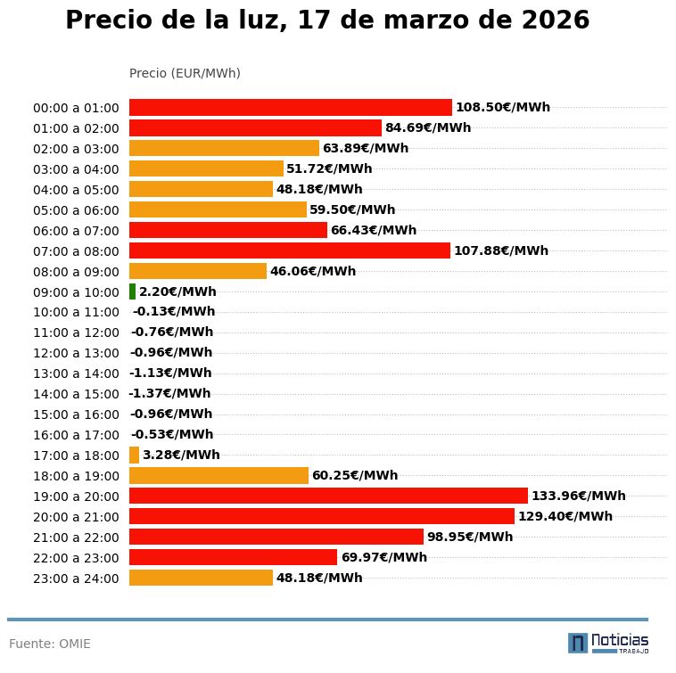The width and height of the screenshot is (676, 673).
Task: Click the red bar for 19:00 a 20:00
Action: click(x=328, y=496)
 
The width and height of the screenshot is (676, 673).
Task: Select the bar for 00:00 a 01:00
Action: click(x=290, y=107)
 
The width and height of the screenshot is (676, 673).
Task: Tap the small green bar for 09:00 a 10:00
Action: click(x=132, y=291)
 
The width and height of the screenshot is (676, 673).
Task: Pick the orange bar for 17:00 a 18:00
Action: click(x=134, y=455)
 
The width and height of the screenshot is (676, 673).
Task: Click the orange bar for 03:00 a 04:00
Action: click(x=206, y=168)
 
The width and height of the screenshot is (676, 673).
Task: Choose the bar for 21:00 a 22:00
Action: click(x=276, y=537)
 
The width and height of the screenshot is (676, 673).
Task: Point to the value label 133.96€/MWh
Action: click(x=578, y=496)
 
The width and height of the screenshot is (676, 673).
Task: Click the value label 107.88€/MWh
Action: click(x=500, y=250)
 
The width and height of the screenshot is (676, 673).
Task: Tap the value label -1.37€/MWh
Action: click(x=169, y=393)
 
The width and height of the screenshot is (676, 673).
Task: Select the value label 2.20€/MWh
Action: click(x=177, y=291)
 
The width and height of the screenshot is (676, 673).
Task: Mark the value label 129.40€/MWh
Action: click(x=565, y=516)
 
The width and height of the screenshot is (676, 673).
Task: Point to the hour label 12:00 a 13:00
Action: click(x=76, y=353)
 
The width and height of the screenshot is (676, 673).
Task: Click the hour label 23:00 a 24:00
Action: click(x=76, y=579)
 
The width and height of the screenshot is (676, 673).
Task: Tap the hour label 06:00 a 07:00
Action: click(x=76, y=231)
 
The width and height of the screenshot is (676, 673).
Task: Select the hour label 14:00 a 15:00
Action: click(x=76, y=394)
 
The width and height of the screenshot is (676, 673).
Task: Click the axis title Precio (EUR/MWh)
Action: click(x=185, y=73)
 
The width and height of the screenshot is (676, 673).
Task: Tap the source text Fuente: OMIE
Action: click(x=50, y=644)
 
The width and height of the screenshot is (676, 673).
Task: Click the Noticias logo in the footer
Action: click(x=608, y=643)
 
